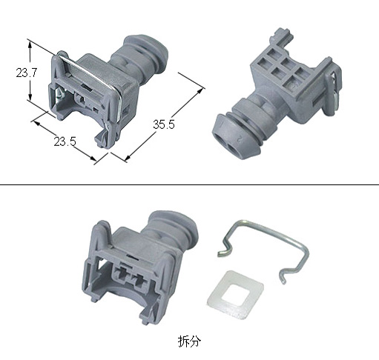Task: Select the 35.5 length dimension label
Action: click(x=163, y=125)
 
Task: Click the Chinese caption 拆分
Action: click(x=189, y=341)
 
